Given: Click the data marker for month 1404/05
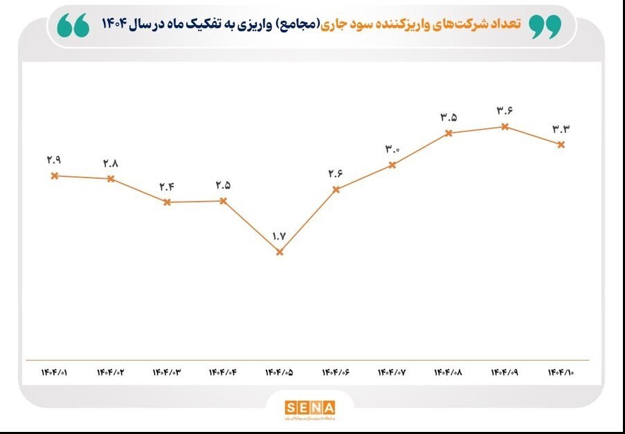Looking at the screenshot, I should pyautogui.click(x=280, y=252).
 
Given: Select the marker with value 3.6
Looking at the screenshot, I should pyautogui.click(x=505, y=126).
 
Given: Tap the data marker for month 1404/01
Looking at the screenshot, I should pyautogui.click(x=54, y=175).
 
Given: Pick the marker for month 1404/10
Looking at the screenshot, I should pyautogui.click(x=561, y=144).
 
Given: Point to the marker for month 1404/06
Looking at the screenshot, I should pyautogui.click(x=336, y=189).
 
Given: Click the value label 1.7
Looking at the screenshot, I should pyautogui.click(x=280, y=236).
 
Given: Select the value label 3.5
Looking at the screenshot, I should pyautogui.click(x=449, y=117).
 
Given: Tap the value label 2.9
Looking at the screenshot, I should pyautogui.click(x=54, y=160).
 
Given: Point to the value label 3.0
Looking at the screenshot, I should pyautogui.click(x=392, y=149).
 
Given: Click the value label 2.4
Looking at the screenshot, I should pyautogui.click(x=167, y=186).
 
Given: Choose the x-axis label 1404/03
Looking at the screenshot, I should pyautogui.click(x=167, y=373).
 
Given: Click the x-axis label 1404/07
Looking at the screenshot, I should pyautogui.click(x=392, y=373).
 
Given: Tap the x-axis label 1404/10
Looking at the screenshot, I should pyautogui.click(x=561, y=373).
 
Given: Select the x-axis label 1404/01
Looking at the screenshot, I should pyautogui.click(x=54, y=373).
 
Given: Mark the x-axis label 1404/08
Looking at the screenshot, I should pyautogui.click(x=449, y=373).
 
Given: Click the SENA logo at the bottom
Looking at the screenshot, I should pyautogui.click(x=309, y=408).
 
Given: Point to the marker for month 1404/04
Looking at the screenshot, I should pyautogui.click(x=224, y=201).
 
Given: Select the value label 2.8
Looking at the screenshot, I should pyautogui.click(x=111, y=164).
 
